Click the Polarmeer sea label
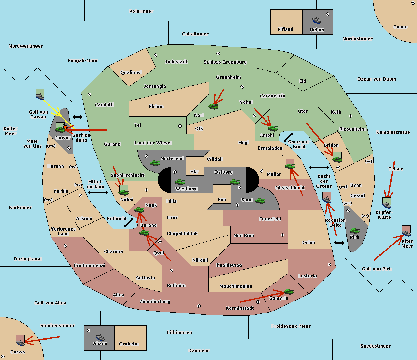click(x=141, y=11)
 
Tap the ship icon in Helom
click(x=317, y=20)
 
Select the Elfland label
click(x=285, y=30)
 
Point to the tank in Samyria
click(x=288, y=291)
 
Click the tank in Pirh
click(x=354, y=231)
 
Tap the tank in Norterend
click(x=155, y=163)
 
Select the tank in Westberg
click(x=180, y=182)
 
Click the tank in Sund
click(x=260, y=201)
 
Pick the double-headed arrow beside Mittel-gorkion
click(x=98, y=192)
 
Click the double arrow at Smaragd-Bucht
click(x=288, y=137)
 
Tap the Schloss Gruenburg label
click(x=225, y=62)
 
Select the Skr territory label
click(x=194, y=172)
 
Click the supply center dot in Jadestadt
click(x=156, y=55)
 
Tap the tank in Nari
click(x=213, y=106)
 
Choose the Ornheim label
click(x=129, y=344)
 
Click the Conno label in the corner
click(x=400, y=27)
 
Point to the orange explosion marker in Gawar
click(x=65, y=127)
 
